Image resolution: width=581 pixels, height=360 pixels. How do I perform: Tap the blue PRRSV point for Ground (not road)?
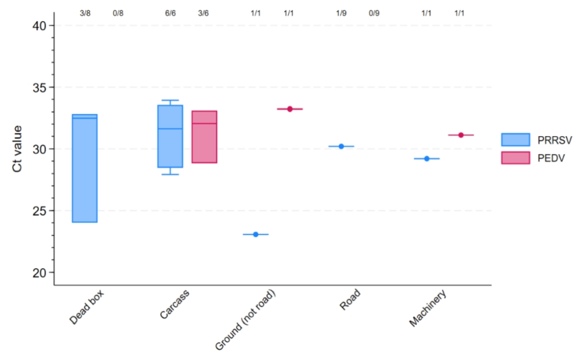tap(255, 234)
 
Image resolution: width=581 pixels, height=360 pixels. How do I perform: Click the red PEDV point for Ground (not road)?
tap(289, 109)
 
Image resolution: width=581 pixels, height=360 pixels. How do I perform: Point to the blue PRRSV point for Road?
tap(341, 146)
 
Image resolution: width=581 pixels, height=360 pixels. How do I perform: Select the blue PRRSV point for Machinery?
tap(427, 159)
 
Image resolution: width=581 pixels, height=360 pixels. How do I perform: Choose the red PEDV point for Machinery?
tap(461, 135)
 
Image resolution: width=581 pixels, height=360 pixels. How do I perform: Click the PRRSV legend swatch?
tap(515, 139)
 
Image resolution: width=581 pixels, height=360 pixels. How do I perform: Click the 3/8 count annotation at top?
tap(85, 12)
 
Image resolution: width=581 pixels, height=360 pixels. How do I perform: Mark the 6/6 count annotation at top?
tap(170, 12)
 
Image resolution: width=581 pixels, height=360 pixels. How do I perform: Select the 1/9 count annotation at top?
tap(341, 12)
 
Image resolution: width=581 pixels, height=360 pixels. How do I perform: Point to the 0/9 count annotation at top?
tap(374, 12)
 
